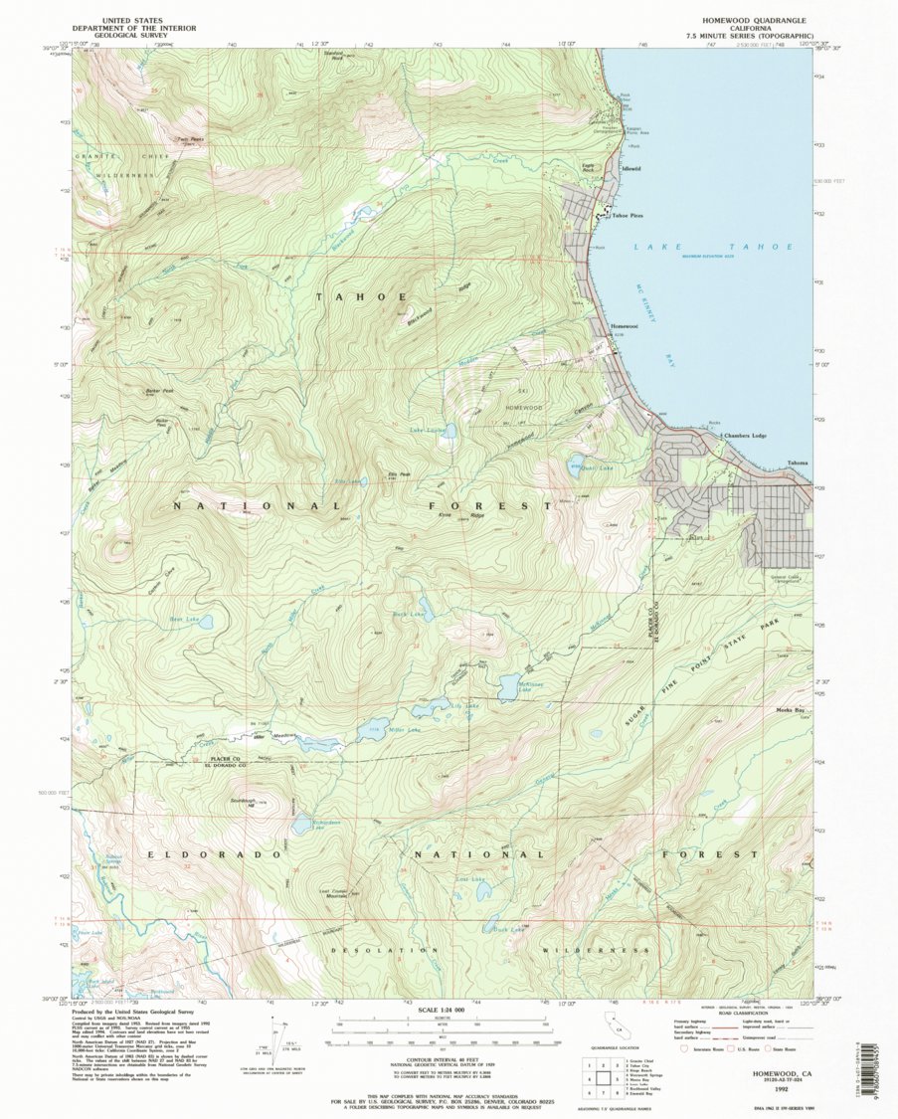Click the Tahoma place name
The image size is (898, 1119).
pyautogui.click(x=798, y=464)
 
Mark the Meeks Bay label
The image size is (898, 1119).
pyautogui.click(x=791, y=709)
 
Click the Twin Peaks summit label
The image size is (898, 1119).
pyautogui.click(x=190, y=140)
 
